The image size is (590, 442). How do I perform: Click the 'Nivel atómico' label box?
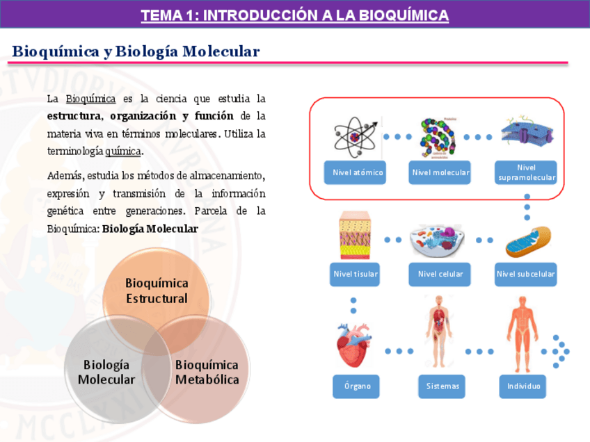(358, 172)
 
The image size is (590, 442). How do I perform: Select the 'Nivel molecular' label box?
(440, 172)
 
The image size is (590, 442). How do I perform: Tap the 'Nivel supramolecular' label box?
(527, 172)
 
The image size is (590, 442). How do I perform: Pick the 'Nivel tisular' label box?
(356, 274)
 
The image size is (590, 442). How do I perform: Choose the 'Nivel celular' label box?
(440, 274)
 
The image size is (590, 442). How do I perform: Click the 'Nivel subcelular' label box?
(526, 274)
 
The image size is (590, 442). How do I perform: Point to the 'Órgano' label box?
(356, 386)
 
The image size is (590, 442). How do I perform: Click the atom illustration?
(356, 136)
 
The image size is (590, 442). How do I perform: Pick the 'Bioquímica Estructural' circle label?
(157, 290)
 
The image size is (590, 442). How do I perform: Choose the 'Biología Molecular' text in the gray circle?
(106, 372)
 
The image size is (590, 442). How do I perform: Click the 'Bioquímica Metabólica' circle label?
(207, 372)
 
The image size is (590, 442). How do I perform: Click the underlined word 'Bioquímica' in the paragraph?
(90, 98)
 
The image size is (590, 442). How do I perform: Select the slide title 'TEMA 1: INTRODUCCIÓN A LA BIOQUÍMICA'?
(294, 15)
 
